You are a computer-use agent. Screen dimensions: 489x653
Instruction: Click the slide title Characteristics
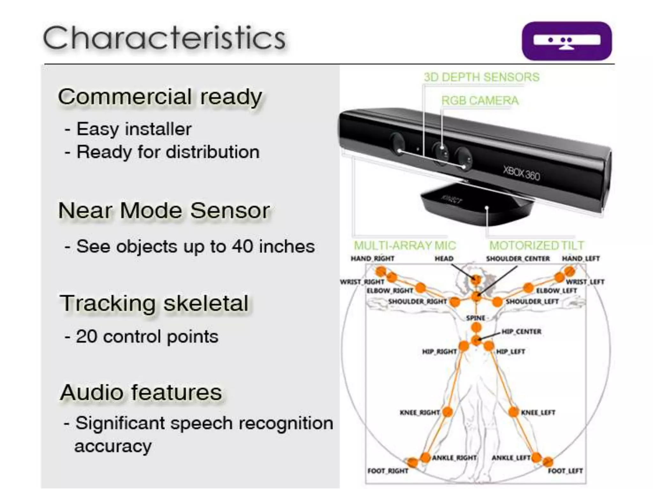click(x=164, y=38)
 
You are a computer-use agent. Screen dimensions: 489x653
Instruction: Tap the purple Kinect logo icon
click(x=567, y=41)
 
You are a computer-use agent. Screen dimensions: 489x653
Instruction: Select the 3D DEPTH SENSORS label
click(x=481, y=77)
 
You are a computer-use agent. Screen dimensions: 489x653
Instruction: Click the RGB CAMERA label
click(x=480, y=101)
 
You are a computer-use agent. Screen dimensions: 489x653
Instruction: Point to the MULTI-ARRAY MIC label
click(x=405, y=245)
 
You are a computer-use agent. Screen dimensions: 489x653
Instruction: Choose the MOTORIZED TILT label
click(x=537, y=245)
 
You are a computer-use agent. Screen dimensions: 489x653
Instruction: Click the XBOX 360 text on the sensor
click(x=522, y=174)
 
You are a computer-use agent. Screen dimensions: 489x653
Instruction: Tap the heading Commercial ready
click(x=160, y=97)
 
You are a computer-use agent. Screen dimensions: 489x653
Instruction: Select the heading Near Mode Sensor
click(x=164, y=210)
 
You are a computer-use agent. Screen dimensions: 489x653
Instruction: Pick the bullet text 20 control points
click(x=147, y=336)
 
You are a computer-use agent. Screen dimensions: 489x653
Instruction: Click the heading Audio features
click(x=141, y=392)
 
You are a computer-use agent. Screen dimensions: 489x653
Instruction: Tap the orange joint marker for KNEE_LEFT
click(x=513, y=412)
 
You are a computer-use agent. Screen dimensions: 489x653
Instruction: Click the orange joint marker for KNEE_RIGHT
click(x=448, y=412)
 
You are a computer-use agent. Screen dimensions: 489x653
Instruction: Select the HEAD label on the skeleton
click(x=444, y=259)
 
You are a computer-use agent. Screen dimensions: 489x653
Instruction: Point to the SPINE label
click(x=475, y=318)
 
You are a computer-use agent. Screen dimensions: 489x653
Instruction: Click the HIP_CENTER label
click(x=521, y=332)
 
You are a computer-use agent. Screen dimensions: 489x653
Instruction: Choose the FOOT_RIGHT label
click(x=388, y=471)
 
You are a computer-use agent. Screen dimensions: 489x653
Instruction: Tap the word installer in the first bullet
click(x=158, y=129)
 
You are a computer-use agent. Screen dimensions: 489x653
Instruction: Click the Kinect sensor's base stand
click(x=477, y=205)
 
